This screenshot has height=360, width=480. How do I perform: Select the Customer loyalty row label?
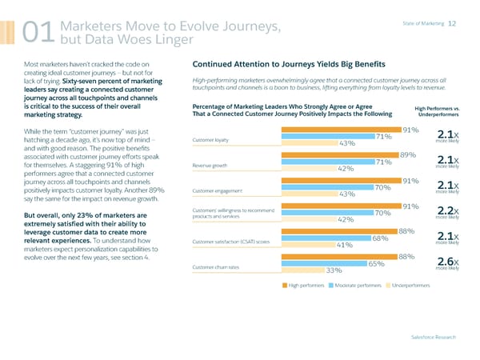(x=210, y=140)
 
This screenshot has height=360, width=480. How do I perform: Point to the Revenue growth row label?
(x=210, y=166)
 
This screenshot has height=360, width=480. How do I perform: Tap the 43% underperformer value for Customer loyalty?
(x=347, y=144)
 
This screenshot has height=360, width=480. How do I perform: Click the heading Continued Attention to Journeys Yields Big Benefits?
(x=289, y=63)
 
